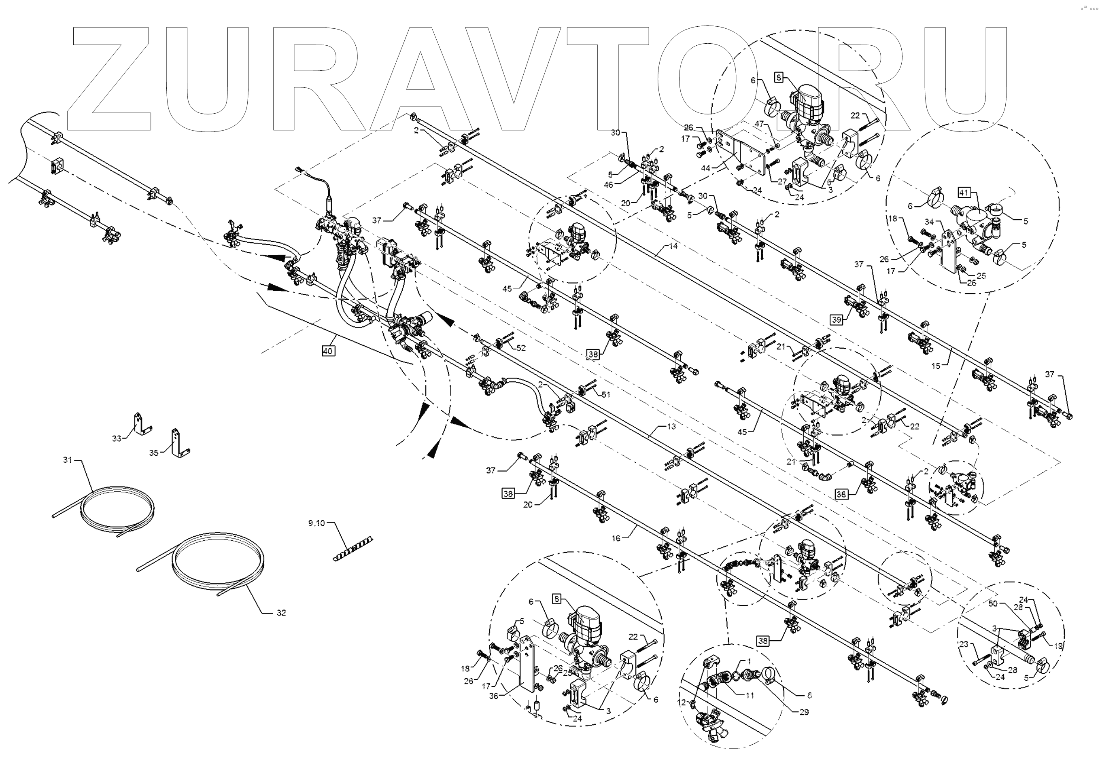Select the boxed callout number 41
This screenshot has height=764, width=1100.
click(964, 193)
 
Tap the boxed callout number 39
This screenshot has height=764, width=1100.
click(836, 320)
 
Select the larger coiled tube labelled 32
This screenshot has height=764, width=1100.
click(218, 565)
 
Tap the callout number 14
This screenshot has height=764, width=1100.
click(673, 246)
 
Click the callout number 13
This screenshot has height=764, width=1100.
click(671, 426)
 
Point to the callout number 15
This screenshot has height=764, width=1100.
click(936, 366)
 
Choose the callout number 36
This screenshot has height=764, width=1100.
click(494, 696)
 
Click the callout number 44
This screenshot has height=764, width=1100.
click(705, 168)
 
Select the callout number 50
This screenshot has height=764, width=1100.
click(993, 603)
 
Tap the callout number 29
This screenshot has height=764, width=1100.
click(804, 712)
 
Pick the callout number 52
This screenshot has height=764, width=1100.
click(521, 348)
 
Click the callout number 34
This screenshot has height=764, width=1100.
click(929, 222)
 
